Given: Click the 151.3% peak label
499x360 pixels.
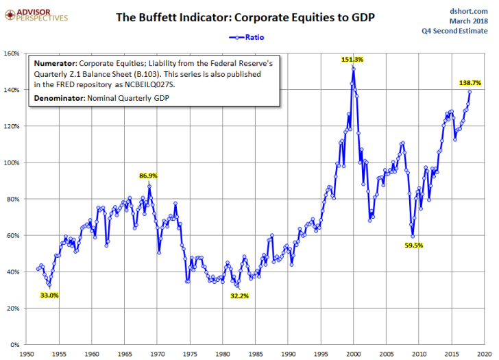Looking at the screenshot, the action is [352, 60].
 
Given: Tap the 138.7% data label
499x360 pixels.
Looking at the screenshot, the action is [470, 83].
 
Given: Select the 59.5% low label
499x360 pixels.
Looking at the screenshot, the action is [414, 245].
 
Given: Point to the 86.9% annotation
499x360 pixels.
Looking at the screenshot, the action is [148, 176].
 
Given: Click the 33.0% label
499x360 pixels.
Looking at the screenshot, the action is [49, 296].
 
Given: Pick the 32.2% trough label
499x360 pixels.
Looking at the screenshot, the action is [239, 296].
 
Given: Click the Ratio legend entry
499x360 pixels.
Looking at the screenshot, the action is [247, 37].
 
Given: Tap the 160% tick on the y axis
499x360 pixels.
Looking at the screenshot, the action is [12, 53].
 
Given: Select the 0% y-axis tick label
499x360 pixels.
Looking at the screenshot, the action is [15, 345].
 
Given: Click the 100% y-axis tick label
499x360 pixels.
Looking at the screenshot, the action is [12, 163].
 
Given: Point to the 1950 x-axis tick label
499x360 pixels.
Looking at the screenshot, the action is [26, 354].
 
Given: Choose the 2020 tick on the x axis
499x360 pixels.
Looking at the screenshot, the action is [485, 354].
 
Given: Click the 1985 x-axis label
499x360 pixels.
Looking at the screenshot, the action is [255, 354].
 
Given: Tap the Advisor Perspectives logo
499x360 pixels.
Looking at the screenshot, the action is [36, 15].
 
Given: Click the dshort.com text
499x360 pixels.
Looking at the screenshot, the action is [468, 12].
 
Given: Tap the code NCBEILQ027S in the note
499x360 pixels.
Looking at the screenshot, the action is [149, 84].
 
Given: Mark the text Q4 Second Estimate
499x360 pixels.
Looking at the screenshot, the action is [454, 31].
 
